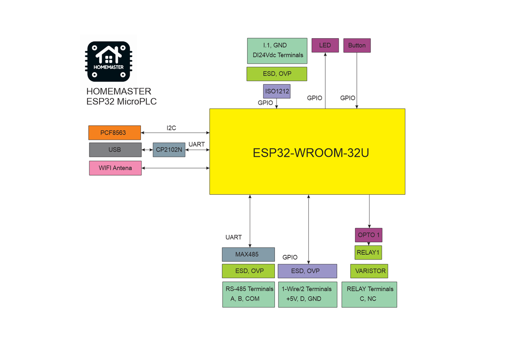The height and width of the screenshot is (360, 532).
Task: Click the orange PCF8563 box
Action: point(114,133)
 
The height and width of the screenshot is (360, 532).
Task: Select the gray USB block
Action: point(115,150)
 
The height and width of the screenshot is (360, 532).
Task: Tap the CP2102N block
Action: point(169,150)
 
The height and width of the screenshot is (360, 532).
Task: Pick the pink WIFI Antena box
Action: point(115,168)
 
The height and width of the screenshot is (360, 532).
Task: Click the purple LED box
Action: point(325,45)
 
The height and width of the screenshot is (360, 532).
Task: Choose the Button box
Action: point(357,45)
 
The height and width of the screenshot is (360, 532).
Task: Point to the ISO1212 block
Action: point(277,91)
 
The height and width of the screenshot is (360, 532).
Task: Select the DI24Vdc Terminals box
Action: point(277,50)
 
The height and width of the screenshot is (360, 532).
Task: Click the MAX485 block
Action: point(248,254)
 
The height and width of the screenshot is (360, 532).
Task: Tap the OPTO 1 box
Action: point(368,235)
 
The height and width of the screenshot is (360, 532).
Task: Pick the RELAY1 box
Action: point(368,253)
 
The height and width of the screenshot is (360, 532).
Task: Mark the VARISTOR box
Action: point(369,271)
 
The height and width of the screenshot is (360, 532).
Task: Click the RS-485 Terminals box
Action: point(249,294)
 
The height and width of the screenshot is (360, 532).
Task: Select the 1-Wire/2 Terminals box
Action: point(307,294)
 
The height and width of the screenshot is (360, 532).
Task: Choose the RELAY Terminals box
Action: point(369,294)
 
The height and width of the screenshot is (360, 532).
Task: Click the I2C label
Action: point(171,128)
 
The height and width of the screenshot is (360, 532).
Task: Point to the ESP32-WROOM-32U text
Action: point(311,153)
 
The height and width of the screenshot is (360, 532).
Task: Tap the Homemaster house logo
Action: point(108,61)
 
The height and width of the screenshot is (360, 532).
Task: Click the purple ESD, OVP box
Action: point(307,271)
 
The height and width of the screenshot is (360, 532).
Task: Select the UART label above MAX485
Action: point(234,237)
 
